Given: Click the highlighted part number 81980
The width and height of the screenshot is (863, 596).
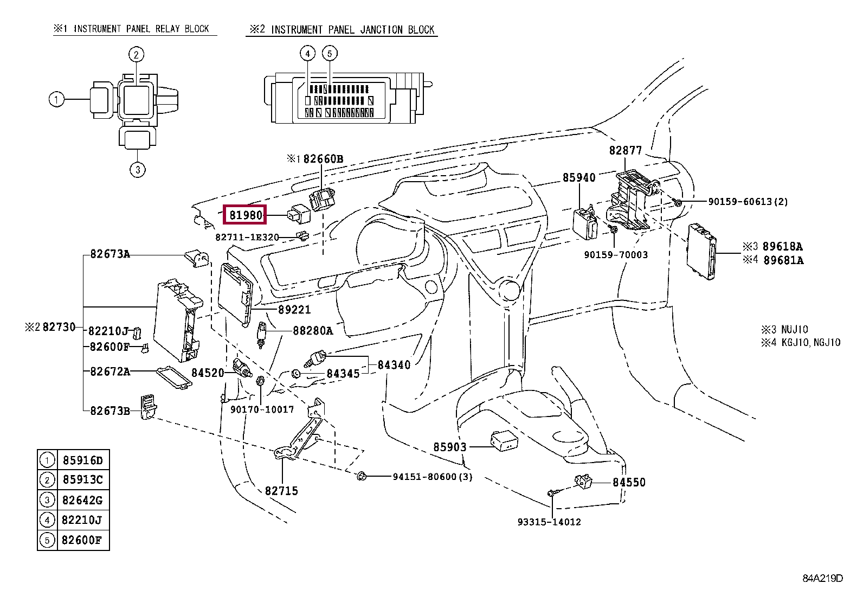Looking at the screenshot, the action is pos(245,215).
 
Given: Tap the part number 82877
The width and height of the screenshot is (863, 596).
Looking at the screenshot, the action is pos(625,150).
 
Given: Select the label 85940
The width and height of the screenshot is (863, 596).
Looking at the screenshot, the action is pos(578,177).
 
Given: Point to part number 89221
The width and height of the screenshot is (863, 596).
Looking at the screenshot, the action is pos(294,309).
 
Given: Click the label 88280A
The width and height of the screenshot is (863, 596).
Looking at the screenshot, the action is pos(313,330).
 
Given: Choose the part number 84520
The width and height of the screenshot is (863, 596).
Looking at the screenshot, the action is pos(208,373).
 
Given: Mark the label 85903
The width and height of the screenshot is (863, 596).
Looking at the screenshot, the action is pos(449,447).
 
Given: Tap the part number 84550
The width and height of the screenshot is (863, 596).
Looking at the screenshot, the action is pos(629,482).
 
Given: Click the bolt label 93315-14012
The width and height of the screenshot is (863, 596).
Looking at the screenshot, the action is pos(549,522).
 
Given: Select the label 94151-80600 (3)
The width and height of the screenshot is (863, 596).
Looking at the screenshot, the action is pos(432,477).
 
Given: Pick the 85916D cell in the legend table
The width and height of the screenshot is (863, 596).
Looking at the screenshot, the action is pos(83,460).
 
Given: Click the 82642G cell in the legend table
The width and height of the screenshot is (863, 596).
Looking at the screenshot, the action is pos(82,500).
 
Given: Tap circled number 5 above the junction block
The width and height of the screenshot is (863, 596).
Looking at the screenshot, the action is pos(330,53).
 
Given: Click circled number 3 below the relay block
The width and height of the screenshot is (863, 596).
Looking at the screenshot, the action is pos(138,169).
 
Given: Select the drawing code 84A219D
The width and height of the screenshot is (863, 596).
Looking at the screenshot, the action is pos(822,578).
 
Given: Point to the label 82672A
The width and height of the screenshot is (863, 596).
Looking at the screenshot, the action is pos(110,371).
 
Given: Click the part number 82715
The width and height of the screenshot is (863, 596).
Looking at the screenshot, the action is pos(281,491).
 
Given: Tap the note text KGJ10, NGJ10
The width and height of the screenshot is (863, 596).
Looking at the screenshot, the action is pos(810,342).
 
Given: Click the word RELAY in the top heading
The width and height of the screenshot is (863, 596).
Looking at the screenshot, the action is pos(167,29).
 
